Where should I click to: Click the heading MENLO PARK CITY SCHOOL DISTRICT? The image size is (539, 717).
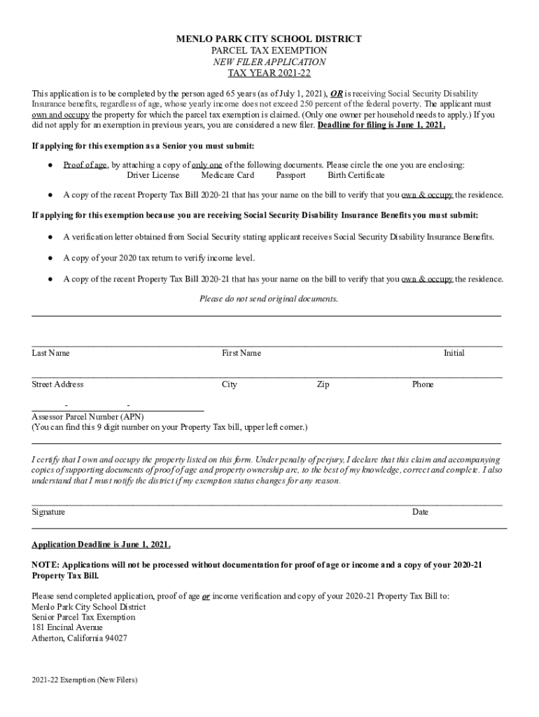pos(269,39)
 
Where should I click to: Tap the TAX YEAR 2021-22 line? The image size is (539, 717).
pos(269,73)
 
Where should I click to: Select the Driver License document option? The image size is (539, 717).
pos(153,175)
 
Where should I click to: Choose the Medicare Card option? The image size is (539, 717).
pos(227,175)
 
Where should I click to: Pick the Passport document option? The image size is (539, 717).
pos(290,175)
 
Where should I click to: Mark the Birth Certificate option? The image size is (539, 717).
pos(356,175)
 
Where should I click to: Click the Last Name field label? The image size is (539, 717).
pos(50,353)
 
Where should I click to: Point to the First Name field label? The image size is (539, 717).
pos(241,353)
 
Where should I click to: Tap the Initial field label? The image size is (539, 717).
pos(454,353)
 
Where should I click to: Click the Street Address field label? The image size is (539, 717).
pos(57,384)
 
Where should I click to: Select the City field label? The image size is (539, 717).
pos(230,384)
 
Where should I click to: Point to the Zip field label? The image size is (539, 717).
pos(323,384)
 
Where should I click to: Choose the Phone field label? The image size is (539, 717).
pos(423,384)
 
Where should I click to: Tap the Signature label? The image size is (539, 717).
pos(48,512)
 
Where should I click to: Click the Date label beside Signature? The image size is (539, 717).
pos(420,512)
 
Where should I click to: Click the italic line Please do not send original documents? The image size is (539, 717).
pos(269,299)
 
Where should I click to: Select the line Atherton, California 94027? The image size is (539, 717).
pos(80,639)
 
